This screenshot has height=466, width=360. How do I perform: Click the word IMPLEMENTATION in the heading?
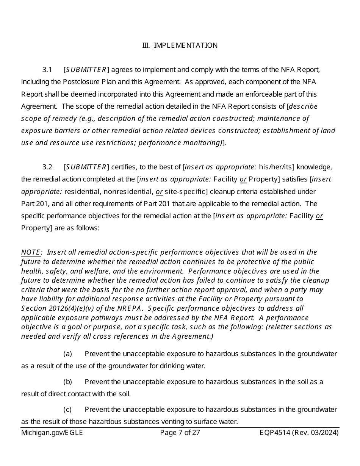[x=186, y=45]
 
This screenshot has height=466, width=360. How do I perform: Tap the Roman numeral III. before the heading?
[x=146, y=45]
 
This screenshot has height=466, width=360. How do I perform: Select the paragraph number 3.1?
[x=47, y=70]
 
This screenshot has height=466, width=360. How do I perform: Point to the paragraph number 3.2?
[x=47, y=167]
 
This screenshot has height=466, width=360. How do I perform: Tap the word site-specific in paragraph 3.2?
[x=183, y=192]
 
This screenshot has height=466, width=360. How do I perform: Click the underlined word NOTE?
[x=31, y=252]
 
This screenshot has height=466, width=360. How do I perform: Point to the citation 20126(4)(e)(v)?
[x=70, y=308]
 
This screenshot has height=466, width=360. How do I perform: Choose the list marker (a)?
[x=67, y=354]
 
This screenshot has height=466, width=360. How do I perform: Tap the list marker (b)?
[x=67, y=382]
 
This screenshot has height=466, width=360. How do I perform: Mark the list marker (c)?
[x=67, y=410]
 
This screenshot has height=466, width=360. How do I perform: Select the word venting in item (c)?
[x=153, y=421]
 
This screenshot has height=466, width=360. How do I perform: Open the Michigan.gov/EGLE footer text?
[x=52, y=433]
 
